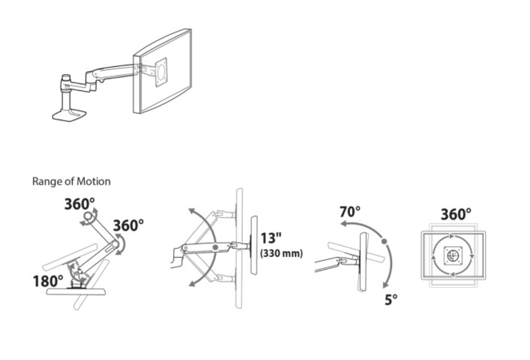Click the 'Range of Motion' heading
[71, 181]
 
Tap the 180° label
[48, 281]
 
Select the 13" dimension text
[271, 238]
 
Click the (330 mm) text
[281, 253]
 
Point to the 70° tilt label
[350, 212]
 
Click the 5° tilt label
[391, 299]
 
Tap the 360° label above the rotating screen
[456, 214]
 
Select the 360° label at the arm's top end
[79, 204]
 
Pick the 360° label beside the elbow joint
[128, 225]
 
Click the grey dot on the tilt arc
[384, 241]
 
